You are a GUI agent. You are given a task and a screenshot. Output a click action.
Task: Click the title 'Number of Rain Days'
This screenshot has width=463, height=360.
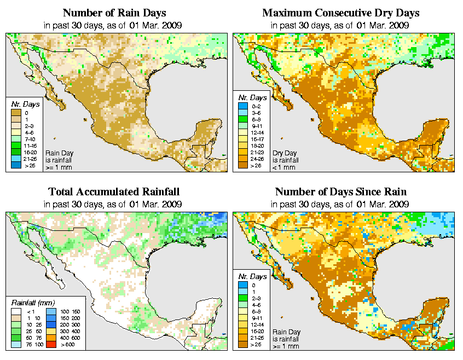coord(114,13)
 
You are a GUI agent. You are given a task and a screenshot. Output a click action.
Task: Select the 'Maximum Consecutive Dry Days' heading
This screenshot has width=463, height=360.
coord(341,13)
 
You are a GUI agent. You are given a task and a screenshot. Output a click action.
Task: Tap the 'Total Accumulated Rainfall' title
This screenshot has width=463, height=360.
coord(114,192)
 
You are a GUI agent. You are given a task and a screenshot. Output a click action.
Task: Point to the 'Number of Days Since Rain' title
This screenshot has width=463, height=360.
coord(340,192)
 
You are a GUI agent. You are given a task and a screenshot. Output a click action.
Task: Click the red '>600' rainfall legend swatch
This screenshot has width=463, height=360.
coord(49,345)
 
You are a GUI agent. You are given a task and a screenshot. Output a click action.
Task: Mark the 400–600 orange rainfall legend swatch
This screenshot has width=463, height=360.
coord(49,338)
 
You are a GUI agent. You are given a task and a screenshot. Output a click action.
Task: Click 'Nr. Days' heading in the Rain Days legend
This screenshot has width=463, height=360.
coord(23,104)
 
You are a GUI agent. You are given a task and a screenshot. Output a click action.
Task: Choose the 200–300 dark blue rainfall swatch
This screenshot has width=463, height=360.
coord(49,325)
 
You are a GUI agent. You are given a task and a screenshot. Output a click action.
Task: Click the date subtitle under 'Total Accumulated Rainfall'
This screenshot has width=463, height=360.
coord(114,204)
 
